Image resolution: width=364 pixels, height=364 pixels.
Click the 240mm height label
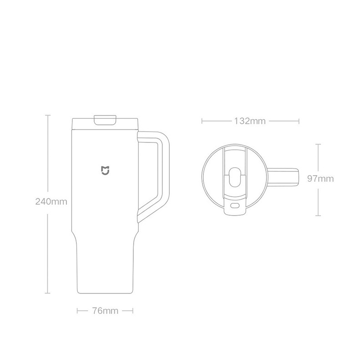(x=51, y=202)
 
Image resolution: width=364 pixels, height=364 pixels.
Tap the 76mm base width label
(x=105, y=311)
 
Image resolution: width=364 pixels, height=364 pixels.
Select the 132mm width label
(x=249, y=121)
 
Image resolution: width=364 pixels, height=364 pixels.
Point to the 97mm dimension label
(x=320, y=178)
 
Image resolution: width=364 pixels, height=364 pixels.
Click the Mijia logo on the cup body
(x=105, y=170)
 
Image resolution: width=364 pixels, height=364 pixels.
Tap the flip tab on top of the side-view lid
(x=105, y=120)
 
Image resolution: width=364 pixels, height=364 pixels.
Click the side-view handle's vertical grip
(x=164, y=169)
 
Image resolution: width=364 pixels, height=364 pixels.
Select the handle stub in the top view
(x=283, y=177)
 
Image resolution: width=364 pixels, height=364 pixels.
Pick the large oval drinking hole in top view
(x=235, y=177)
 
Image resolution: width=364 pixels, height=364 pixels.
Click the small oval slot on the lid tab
(x=235, y=206)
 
